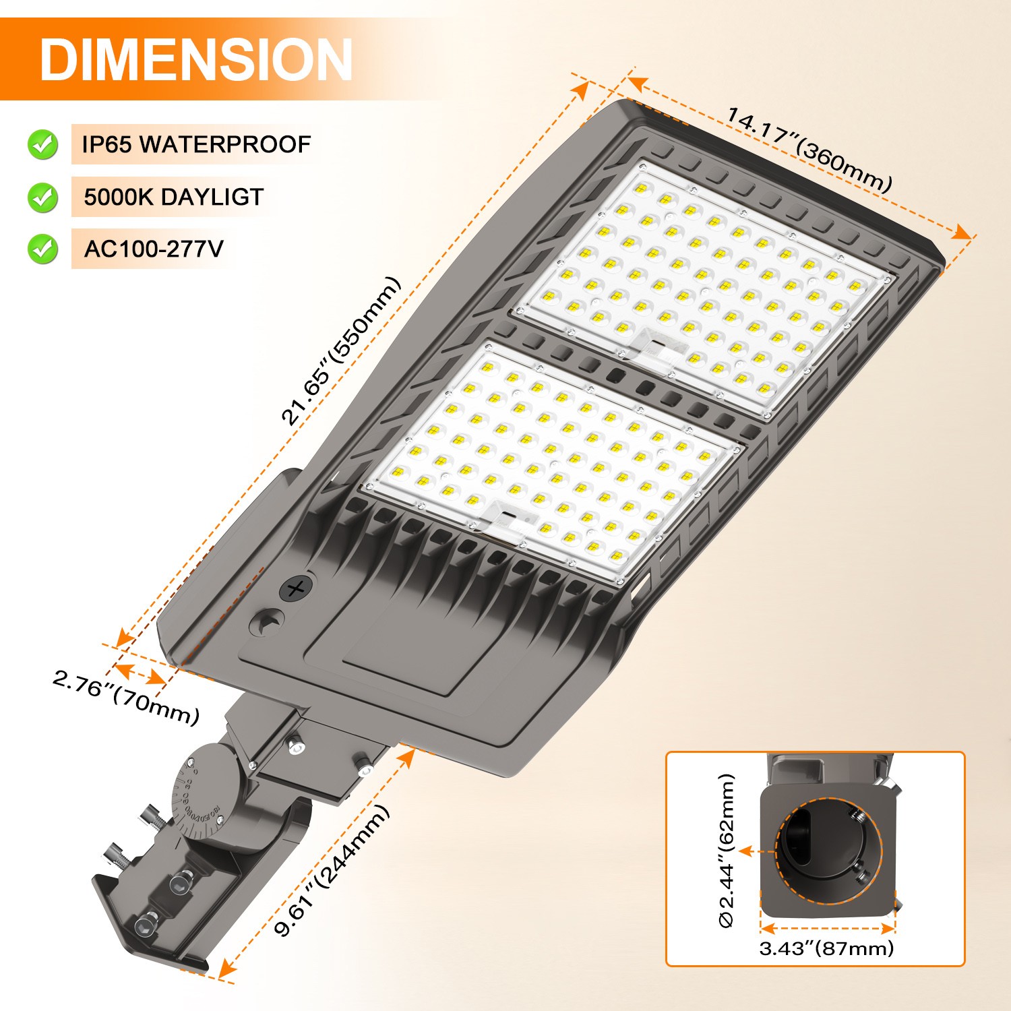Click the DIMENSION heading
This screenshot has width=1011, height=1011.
(x=195, y=59)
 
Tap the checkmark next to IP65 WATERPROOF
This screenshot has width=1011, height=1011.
(x=42, y=144)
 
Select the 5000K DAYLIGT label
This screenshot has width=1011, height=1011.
(x=173, y=197)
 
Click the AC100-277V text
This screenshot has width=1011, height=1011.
(x=153, y=249)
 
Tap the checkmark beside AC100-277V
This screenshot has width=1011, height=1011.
(x=42, y=249)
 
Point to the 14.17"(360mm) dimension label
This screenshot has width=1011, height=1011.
(x=809, y=149)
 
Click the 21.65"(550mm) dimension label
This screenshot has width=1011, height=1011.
(x=340, y=351)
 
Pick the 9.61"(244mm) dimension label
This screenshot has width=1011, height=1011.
(x=332, y=870)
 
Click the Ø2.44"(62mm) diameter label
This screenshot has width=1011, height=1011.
(x=727, y=851)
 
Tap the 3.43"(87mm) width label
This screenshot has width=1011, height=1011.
(x=826, y=948)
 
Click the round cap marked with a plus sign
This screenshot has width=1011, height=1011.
(x=296, y=589)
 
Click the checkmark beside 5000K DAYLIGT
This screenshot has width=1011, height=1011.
(x=42, y=197)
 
